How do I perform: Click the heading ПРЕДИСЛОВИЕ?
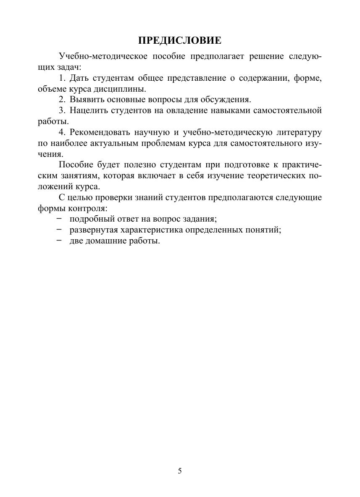tap(180, 40)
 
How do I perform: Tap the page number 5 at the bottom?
tap(180, 471)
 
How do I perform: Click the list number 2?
tap(62, 100)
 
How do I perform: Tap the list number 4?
tap(62, 133)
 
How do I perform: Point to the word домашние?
tap(102, 241)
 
